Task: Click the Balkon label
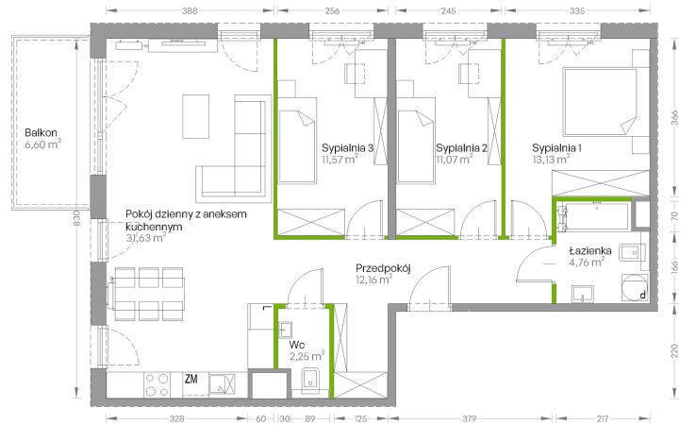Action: (x=41, y=132)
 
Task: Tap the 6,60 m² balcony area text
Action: (x=42, y=144)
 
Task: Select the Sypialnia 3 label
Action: (x=348, y=148)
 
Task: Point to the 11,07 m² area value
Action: (x=454, y=159)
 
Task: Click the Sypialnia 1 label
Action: (x=557, y=148)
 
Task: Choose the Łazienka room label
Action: (x=590, y=250)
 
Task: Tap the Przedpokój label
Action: (x=383, y=268)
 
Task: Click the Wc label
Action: (x=296, y=345)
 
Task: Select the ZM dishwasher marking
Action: (x=191, y=380)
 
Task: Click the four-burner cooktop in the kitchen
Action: (x=157, y=385)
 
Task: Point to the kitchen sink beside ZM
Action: (x=222, y=384)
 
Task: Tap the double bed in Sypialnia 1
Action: (x=600, y=101)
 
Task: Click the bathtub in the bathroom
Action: (x=596, y=216)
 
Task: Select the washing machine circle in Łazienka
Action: (x=635, y=287)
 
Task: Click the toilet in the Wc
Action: (x=310, y=381)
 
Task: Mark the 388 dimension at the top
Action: (x=190, y=10)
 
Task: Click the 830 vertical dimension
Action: (x=76, y=218)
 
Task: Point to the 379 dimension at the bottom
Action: (x=469, y=418)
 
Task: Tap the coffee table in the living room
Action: (x=195, y=116)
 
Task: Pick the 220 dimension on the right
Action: (x=674, y=350)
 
